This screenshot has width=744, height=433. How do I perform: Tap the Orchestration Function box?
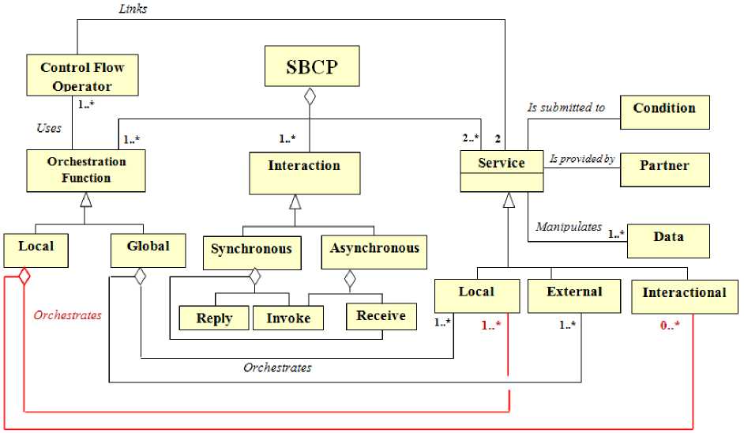tap(86, 170)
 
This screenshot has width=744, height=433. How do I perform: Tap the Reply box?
tap(214, 318)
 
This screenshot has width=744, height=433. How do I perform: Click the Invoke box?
tap(287, 318)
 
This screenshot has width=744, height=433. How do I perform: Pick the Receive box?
tap(381, 316)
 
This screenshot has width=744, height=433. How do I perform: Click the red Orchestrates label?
tap(67, 315)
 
